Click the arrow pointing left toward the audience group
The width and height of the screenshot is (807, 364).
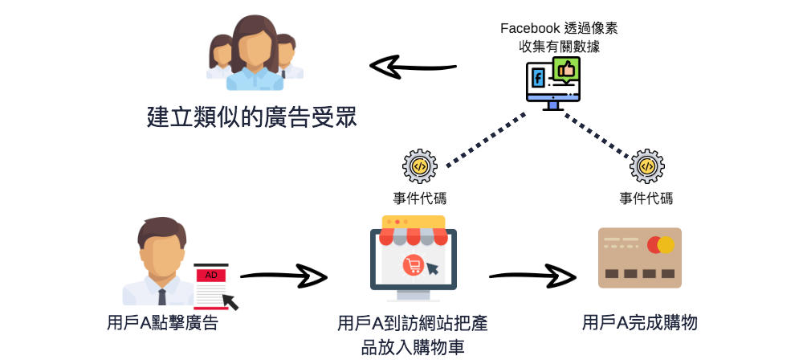tap(412, 67)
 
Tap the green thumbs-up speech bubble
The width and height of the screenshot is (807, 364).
tap(566, 71)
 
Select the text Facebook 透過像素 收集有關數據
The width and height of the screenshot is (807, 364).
tap(559, 37)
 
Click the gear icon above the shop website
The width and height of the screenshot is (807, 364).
tap(419, 166)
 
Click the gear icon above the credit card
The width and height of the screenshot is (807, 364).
tap(646, 166)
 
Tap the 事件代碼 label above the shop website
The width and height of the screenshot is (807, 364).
tap(419, 198)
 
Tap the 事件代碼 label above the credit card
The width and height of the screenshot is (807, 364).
tap(646, 198)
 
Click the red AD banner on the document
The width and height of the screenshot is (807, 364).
tap(211, 275)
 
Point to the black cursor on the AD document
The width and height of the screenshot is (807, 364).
tap(230, 301)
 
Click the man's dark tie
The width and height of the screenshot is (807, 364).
tap(162, 295)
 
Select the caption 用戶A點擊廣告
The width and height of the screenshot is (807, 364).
tap(162, 324)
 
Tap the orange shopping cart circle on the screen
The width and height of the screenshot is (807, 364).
tap(413, 264)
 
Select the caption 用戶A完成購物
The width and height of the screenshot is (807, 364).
tap(639, 324)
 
